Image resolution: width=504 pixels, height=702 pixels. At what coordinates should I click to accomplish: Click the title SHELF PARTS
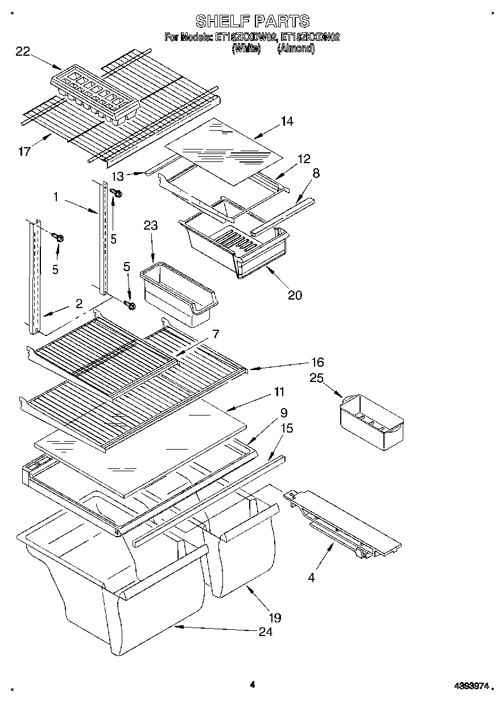click(x=252, y=22)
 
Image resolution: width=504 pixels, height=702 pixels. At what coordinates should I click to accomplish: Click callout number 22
click(x=23, y=52)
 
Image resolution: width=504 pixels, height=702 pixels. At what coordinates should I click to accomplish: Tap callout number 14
click(x=287, y=121)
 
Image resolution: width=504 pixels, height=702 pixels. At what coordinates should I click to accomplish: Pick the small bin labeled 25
click(x=371, y=419)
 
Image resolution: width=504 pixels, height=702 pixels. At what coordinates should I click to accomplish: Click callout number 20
click(x=295, y=294)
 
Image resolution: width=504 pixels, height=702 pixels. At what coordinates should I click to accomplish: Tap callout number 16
click(x=317, y=362)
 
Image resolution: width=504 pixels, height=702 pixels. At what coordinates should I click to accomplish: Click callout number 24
click(x=265, y=632)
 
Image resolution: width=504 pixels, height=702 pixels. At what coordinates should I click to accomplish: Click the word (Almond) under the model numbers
click(x=295, y=49)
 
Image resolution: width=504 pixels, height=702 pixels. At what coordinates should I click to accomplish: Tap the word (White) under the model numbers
click(x=246, y=49)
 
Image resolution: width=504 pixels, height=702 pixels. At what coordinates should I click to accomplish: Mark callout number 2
click(x=79, y=303)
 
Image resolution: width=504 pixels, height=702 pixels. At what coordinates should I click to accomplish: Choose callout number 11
click(x=279, y=392)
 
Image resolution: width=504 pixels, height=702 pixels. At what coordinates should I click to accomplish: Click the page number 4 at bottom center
click(x=252, y=684)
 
